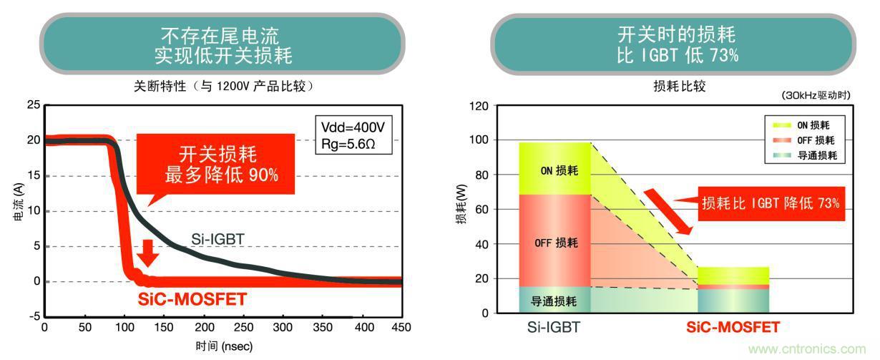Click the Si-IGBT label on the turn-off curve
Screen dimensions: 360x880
[218, 238]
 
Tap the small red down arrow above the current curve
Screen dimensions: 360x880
[148, 253]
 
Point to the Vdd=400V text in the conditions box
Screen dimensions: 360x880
[353, 127]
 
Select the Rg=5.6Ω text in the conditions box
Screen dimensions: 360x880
[351, 144]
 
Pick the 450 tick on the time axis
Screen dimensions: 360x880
[401, 327]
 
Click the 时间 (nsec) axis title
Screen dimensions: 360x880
[223, 346]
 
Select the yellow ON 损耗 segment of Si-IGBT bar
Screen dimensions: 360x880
[554, 169]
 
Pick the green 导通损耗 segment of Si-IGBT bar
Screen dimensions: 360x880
[554, 301]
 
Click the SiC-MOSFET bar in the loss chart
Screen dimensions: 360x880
[733, 291]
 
